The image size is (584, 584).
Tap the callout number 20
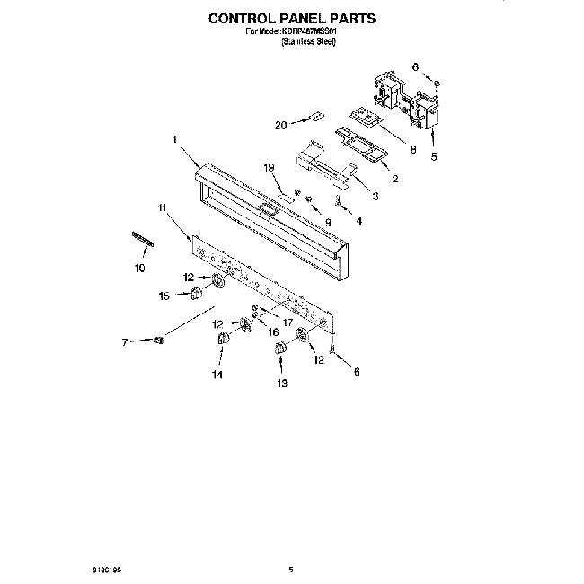[x=280, y=125]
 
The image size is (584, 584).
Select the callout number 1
[x=173, y=139]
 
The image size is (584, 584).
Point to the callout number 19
[x=268, y=167]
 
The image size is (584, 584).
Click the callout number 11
[x=163, y=208]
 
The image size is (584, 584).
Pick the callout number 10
[x=139, y=267]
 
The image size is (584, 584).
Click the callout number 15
[x=164, y=296]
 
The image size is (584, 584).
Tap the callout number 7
[x=126, y=341]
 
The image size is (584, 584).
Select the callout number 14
[x=217, y=375]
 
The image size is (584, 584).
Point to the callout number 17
[x=288, y=321]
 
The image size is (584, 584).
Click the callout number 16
[x=274, y=332]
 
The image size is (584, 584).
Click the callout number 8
[x=413, y=151]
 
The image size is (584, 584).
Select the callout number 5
[x=434, y=157]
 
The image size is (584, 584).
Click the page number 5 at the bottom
[x=291, y=569]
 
